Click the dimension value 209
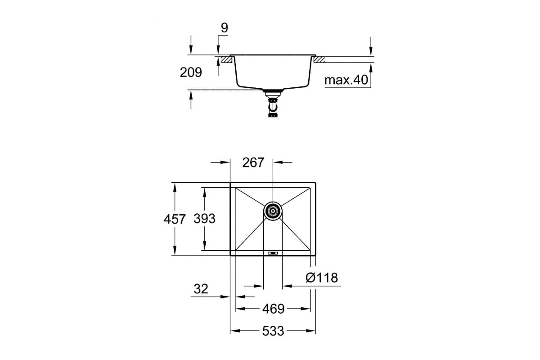point(191,72)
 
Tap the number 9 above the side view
point(224,28)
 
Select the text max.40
point(346,80)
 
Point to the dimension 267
point(253,162)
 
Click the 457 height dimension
point(175,219)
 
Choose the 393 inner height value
point(204,218)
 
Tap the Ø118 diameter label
point(322,278)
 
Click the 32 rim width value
point(201,289)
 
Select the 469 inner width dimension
point(274,309)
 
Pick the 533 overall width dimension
point(273,331)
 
